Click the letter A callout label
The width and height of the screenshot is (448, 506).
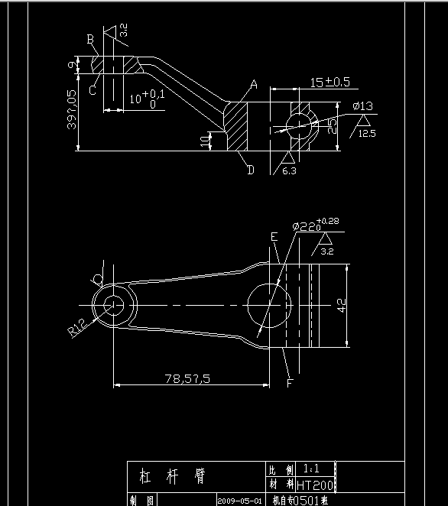pos(254,83)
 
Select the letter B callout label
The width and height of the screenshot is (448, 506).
pos(90,39)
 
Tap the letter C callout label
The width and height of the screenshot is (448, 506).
pos(92,89)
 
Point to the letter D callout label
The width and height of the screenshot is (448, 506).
pos(250,170)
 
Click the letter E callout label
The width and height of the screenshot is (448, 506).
pos(274,237)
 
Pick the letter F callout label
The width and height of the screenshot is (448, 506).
pos(290,383)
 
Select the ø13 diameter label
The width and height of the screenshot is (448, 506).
pos(362,105)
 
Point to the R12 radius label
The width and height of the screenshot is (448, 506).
pos(76,328)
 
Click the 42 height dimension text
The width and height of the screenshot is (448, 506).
pos(342,307)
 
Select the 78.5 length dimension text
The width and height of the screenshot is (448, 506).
pos(187,378)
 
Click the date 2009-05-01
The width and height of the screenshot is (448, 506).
pos(239,501)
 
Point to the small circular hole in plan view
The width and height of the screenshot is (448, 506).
pos(115,303)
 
